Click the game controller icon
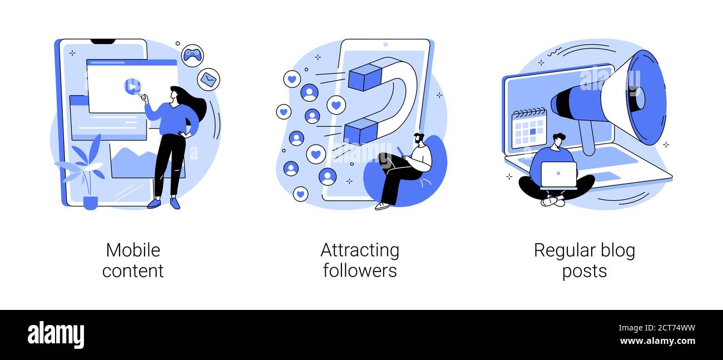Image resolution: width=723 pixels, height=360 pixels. [192, 55]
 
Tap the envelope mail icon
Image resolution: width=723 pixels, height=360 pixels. [209, 79]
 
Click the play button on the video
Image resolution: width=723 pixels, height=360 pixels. [132, 86]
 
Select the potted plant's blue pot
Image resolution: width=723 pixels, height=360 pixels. [90, 203]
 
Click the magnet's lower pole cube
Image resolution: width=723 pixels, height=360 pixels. [360, 131]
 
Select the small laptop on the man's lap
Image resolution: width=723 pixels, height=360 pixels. [559, 175]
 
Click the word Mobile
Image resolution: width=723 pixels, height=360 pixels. [133, 250]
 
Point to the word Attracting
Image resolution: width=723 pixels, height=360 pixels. [360, 251]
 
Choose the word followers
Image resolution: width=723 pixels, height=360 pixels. [360, 270]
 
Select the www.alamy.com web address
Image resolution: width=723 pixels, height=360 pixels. [657, 341]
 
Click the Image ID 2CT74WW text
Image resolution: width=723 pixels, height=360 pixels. [657, 328]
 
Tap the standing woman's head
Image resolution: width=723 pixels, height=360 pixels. [175, 93]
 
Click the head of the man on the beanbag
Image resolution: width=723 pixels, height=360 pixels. [419, 139]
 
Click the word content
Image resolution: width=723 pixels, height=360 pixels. [133, 271]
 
